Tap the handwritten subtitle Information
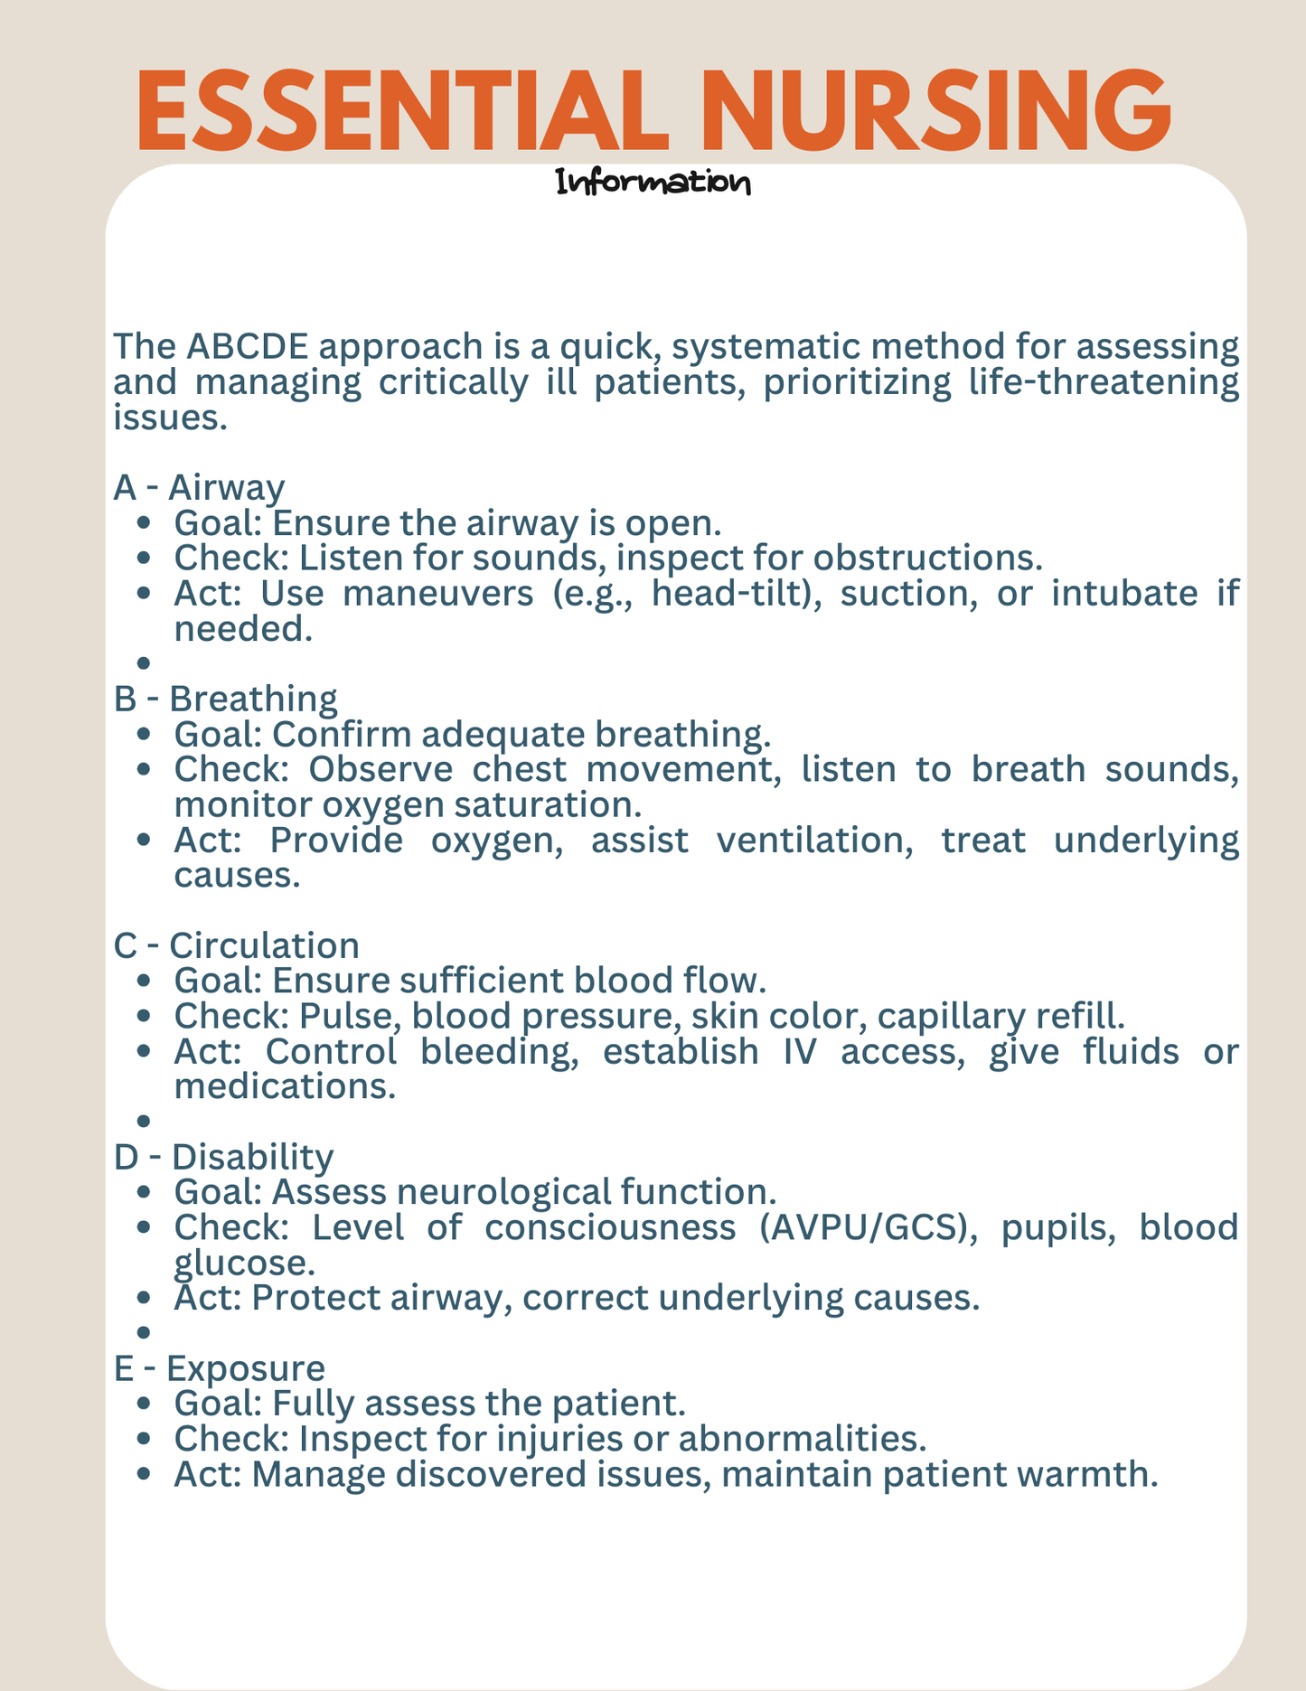click(x=653, y=183)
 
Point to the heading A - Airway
click(x=199, y=488)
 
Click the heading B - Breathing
click(x=225, y=699)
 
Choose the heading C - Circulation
click(x=236, y=945)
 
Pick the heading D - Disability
click(x=223, y=1157)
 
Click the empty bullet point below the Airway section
click(x=143, y=663)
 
